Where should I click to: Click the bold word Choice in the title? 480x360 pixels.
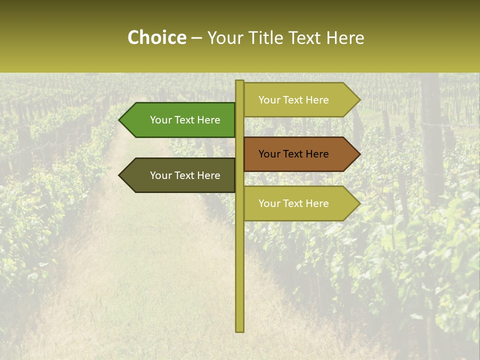point(156,38)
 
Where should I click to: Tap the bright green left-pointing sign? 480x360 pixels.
point(180,120)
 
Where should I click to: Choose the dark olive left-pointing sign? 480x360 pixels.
point(180,175)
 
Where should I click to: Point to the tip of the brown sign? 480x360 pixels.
point(359,154)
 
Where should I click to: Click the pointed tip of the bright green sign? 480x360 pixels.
point(120,120)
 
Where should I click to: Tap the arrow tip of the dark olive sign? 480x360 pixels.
point(120,175)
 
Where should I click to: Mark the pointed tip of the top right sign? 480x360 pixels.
point(359,100)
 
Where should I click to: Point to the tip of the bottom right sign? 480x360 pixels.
point(359,203)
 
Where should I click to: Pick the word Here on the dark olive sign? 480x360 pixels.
point(208,175)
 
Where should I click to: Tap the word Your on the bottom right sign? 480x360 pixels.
point(269,203)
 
